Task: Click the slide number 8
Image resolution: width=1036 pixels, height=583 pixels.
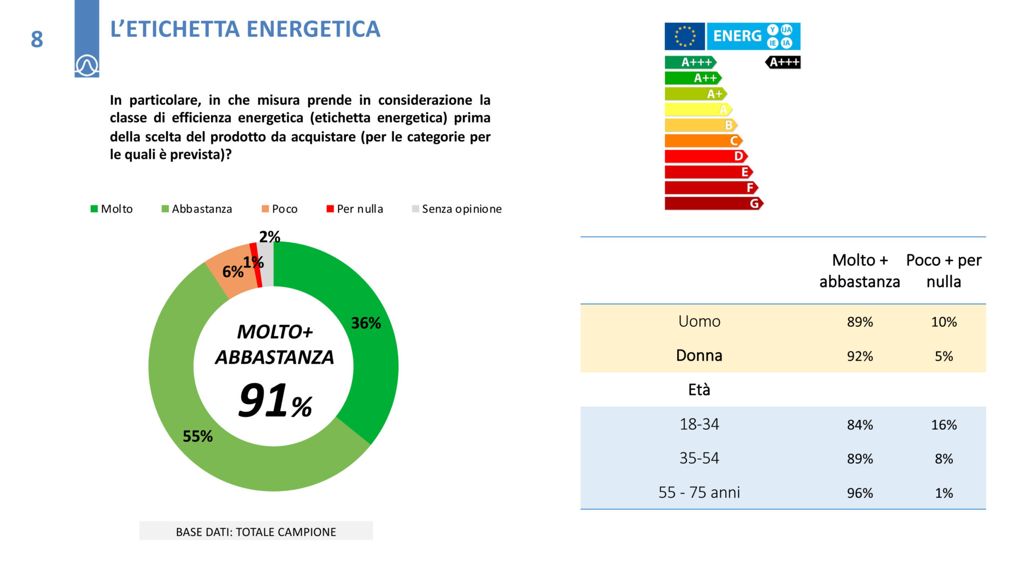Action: [37, 39]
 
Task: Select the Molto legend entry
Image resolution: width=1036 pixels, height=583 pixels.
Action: [112, 209]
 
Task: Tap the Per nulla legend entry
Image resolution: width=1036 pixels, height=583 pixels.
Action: [355, 209]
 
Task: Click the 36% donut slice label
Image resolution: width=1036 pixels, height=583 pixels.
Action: [366, 323]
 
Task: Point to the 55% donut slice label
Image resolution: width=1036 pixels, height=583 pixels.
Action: [197, 436]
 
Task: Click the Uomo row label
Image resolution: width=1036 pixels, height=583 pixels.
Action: [699, 321]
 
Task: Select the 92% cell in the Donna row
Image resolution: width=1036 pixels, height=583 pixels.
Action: [860, 356]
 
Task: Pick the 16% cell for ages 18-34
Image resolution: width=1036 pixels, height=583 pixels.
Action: [944, 425]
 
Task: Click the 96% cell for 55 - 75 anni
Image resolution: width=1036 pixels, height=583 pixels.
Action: [860, 493]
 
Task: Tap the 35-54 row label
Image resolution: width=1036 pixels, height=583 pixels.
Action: [699, 458]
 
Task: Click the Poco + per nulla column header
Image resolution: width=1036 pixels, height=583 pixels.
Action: [944, 271]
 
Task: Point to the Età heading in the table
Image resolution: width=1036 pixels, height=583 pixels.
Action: [699, 389]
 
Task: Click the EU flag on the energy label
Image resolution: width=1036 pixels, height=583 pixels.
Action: [685, 36]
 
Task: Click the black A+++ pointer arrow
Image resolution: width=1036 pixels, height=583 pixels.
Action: [783, 62]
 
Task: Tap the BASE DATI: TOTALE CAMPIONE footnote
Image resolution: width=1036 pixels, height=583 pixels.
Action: [256, 532]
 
